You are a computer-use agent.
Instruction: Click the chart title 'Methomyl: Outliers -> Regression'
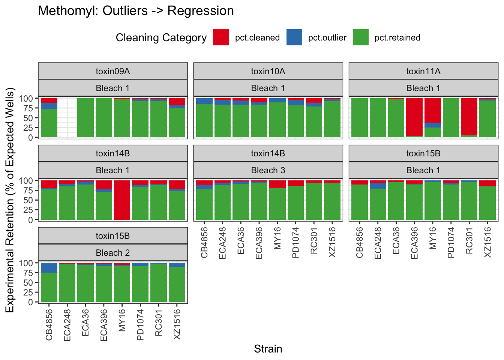136,11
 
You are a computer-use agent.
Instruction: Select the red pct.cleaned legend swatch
221,37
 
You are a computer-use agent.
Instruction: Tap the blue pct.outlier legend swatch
294,37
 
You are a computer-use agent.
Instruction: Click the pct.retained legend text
397,38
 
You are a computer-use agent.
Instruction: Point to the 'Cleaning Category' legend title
161,38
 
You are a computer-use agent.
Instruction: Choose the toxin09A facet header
112,71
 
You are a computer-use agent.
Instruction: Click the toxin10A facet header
268,71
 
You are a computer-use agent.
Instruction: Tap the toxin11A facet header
423,71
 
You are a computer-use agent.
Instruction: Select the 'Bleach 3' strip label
268,170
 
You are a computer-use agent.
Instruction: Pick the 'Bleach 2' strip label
112,253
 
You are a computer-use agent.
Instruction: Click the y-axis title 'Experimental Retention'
10,200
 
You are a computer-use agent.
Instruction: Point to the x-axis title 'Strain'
268,349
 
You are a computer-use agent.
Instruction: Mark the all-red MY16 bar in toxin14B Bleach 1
122,200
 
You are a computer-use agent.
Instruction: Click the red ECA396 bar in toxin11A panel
414,117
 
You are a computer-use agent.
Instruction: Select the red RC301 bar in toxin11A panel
469,117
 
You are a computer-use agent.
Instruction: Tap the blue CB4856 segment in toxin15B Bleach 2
49,268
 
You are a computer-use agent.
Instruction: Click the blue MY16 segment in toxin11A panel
432,125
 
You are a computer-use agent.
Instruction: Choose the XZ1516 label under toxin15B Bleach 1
487,242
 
